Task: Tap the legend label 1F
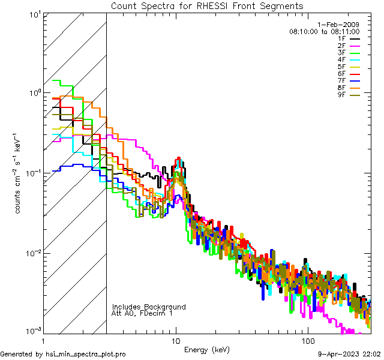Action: (341, 38)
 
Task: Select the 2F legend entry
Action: (341, 46)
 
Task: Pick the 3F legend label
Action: (341, 53)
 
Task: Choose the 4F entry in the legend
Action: (341, 59)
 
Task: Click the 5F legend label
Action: (341, 67)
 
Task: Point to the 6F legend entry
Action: (341, 74)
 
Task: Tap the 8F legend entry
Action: (341, 88)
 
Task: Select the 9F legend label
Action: (341, 95)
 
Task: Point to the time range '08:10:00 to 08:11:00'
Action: (324, 31)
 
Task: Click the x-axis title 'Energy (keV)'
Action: (206, 350)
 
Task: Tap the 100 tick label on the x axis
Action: (307, 340)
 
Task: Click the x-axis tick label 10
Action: (176, 340)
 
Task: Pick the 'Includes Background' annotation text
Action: (149, 307)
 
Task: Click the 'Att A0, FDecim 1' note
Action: (142, 314)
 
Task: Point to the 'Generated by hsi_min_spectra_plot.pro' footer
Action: (63, 355)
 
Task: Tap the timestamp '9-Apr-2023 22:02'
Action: (349, 355)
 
